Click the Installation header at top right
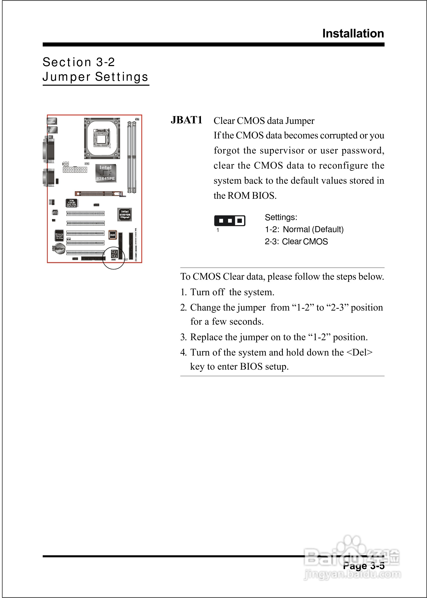pos(353,34)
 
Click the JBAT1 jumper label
pos(186,120)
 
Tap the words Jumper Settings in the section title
pos(95,77)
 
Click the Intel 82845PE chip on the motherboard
pos(105,173)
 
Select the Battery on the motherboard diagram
pos(60,249)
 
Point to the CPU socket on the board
pos(102,138)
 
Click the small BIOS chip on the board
pos(113,235)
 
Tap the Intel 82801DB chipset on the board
pos(125,214)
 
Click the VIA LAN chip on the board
pos(72,203)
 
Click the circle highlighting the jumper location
pos(113,258)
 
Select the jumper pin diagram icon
pos(230,221)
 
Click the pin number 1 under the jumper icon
pos(218,230)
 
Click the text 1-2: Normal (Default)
pos(304,229)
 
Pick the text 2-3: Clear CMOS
pos(296,241)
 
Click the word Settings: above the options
pos(281,217)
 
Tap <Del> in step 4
pos(359,352)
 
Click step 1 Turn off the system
pos(227,292)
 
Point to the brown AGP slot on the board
pos(99,193)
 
